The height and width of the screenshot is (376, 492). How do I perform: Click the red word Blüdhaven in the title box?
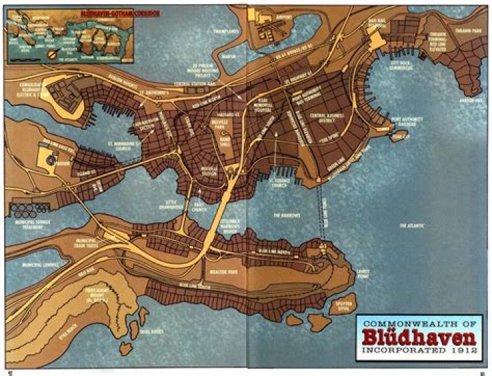click(x=418, y=339)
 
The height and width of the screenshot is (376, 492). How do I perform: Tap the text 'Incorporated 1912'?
click(x=418, y=355)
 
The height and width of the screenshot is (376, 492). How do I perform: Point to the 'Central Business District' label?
click(x=327, y=120)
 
